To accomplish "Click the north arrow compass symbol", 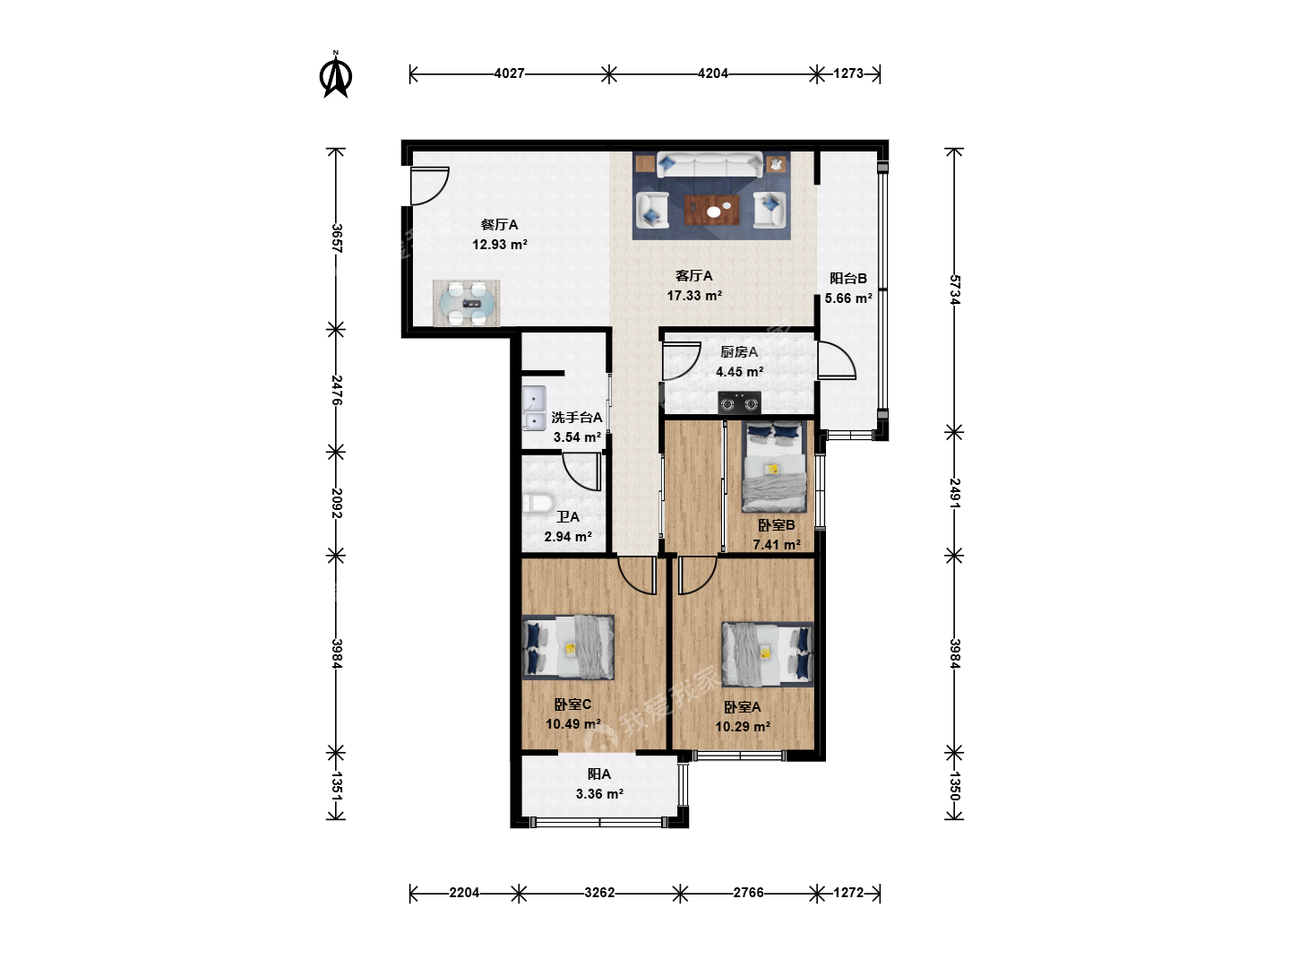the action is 336,74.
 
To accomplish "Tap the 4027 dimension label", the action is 509,73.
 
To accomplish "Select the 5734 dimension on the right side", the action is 954,290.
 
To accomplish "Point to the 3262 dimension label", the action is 599,893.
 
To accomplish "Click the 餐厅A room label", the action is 500,224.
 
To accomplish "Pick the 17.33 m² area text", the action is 694,296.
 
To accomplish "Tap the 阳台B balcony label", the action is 848,278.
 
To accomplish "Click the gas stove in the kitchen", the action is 739,402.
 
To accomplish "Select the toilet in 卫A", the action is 538,505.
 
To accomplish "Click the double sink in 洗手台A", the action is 534,408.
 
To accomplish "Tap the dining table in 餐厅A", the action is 467,303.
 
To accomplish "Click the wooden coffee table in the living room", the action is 711,210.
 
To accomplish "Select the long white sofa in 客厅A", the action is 709,164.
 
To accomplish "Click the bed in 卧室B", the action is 773,467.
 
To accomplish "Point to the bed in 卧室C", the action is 568,647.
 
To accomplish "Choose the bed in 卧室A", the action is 768,654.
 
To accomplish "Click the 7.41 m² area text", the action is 777,545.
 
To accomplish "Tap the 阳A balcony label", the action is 599,774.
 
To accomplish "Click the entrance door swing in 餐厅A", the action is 430,186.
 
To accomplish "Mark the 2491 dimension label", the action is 954,494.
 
